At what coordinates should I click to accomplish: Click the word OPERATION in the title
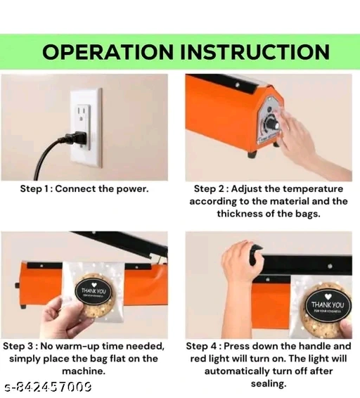pos(108,52)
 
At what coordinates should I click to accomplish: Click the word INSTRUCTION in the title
pos(255,52)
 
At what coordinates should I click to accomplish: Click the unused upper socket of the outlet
pos(81,113)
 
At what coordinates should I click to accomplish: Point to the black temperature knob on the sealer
pos(271,124)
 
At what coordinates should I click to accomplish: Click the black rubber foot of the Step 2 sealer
pos(252,154)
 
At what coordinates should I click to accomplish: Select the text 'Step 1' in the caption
pos(34,189)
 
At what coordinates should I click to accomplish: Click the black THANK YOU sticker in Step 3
pos(94,292)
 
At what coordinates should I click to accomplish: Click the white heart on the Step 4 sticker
pos(328,297)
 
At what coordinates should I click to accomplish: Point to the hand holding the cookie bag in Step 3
pos(67,316)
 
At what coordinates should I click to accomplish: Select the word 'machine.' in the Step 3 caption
pos(84,371)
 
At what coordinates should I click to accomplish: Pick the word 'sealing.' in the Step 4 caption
pos(269,383)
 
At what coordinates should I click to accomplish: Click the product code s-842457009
pos(49,387)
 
